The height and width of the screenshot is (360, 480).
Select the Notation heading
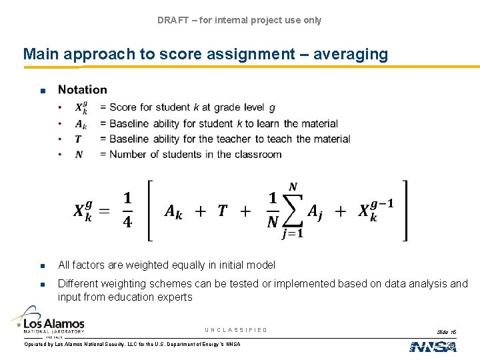click(82, 89)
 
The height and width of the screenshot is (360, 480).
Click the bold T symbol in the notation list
click(78, 139)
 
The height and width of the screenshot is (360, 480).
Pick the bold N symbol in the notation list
click(79, 154)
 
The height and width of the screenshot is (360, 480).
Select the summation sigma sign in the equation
click(293, 209)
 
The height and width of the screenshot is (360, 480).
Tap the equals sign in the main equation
click(103, 211)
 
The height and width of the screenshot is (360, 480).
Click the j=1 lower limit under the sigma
click(293, 233)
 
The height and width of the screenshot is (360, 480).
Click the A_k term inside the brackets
click(175, 212)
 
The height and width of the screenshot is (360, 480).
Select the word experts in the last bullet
click(175, 297)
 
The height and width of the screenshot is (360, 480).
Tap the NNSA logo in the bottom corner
click(433, 346)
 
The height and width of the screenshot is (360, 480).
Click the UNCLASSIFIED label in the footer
click(236, 330)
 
